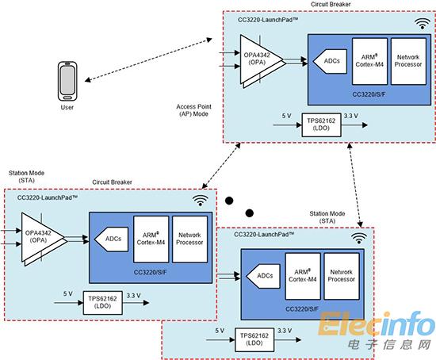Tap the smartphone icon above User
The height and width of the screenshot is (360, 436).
click(67, 81)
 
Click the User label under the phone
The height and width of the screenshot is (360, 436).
click(67, 107)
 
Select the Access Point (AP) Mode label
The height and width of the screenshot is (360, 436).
click(193, 110)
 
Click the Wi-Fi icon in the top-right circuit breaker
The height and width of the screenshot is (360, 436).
click(423, 24)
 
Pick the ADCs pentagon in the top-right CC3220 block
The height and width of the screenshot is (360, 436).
click(330, 61)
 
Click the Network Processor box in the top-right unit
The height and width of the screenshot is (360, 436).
click(408, 61)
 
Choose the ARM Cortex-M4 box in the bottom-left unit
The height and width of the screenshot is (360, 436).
click(151, 239)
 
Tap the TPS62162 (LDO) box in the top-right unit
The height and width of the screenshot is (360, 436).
click(321, 124)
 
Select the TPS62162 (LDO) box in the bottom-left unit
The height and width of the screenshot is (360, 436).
click(103, 303)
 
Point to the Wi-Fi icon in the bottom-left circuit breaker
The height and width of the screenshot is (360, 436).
click(201, 201)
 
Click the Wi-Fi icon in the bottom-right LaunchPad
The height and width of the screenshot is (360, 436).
click(358, 239)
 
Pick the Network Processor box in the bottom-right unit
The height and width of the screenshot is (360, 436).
click(342, 276)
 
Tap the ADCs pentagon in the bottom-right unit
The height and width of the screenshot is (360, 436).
click(263, 276)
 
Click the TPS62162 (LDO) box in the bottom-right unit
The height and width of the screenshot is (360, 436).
click(254, 339)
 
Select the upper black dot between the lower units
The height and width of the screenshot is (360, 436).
click(229, 201)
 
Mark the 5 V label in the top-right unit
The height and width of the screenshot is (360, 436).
click(286, 116)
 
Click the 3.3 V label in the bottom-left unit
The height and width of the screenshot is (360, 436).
click(133, 296)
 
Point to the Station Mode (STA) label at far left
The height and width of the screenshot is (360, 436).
click(26, 177)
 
